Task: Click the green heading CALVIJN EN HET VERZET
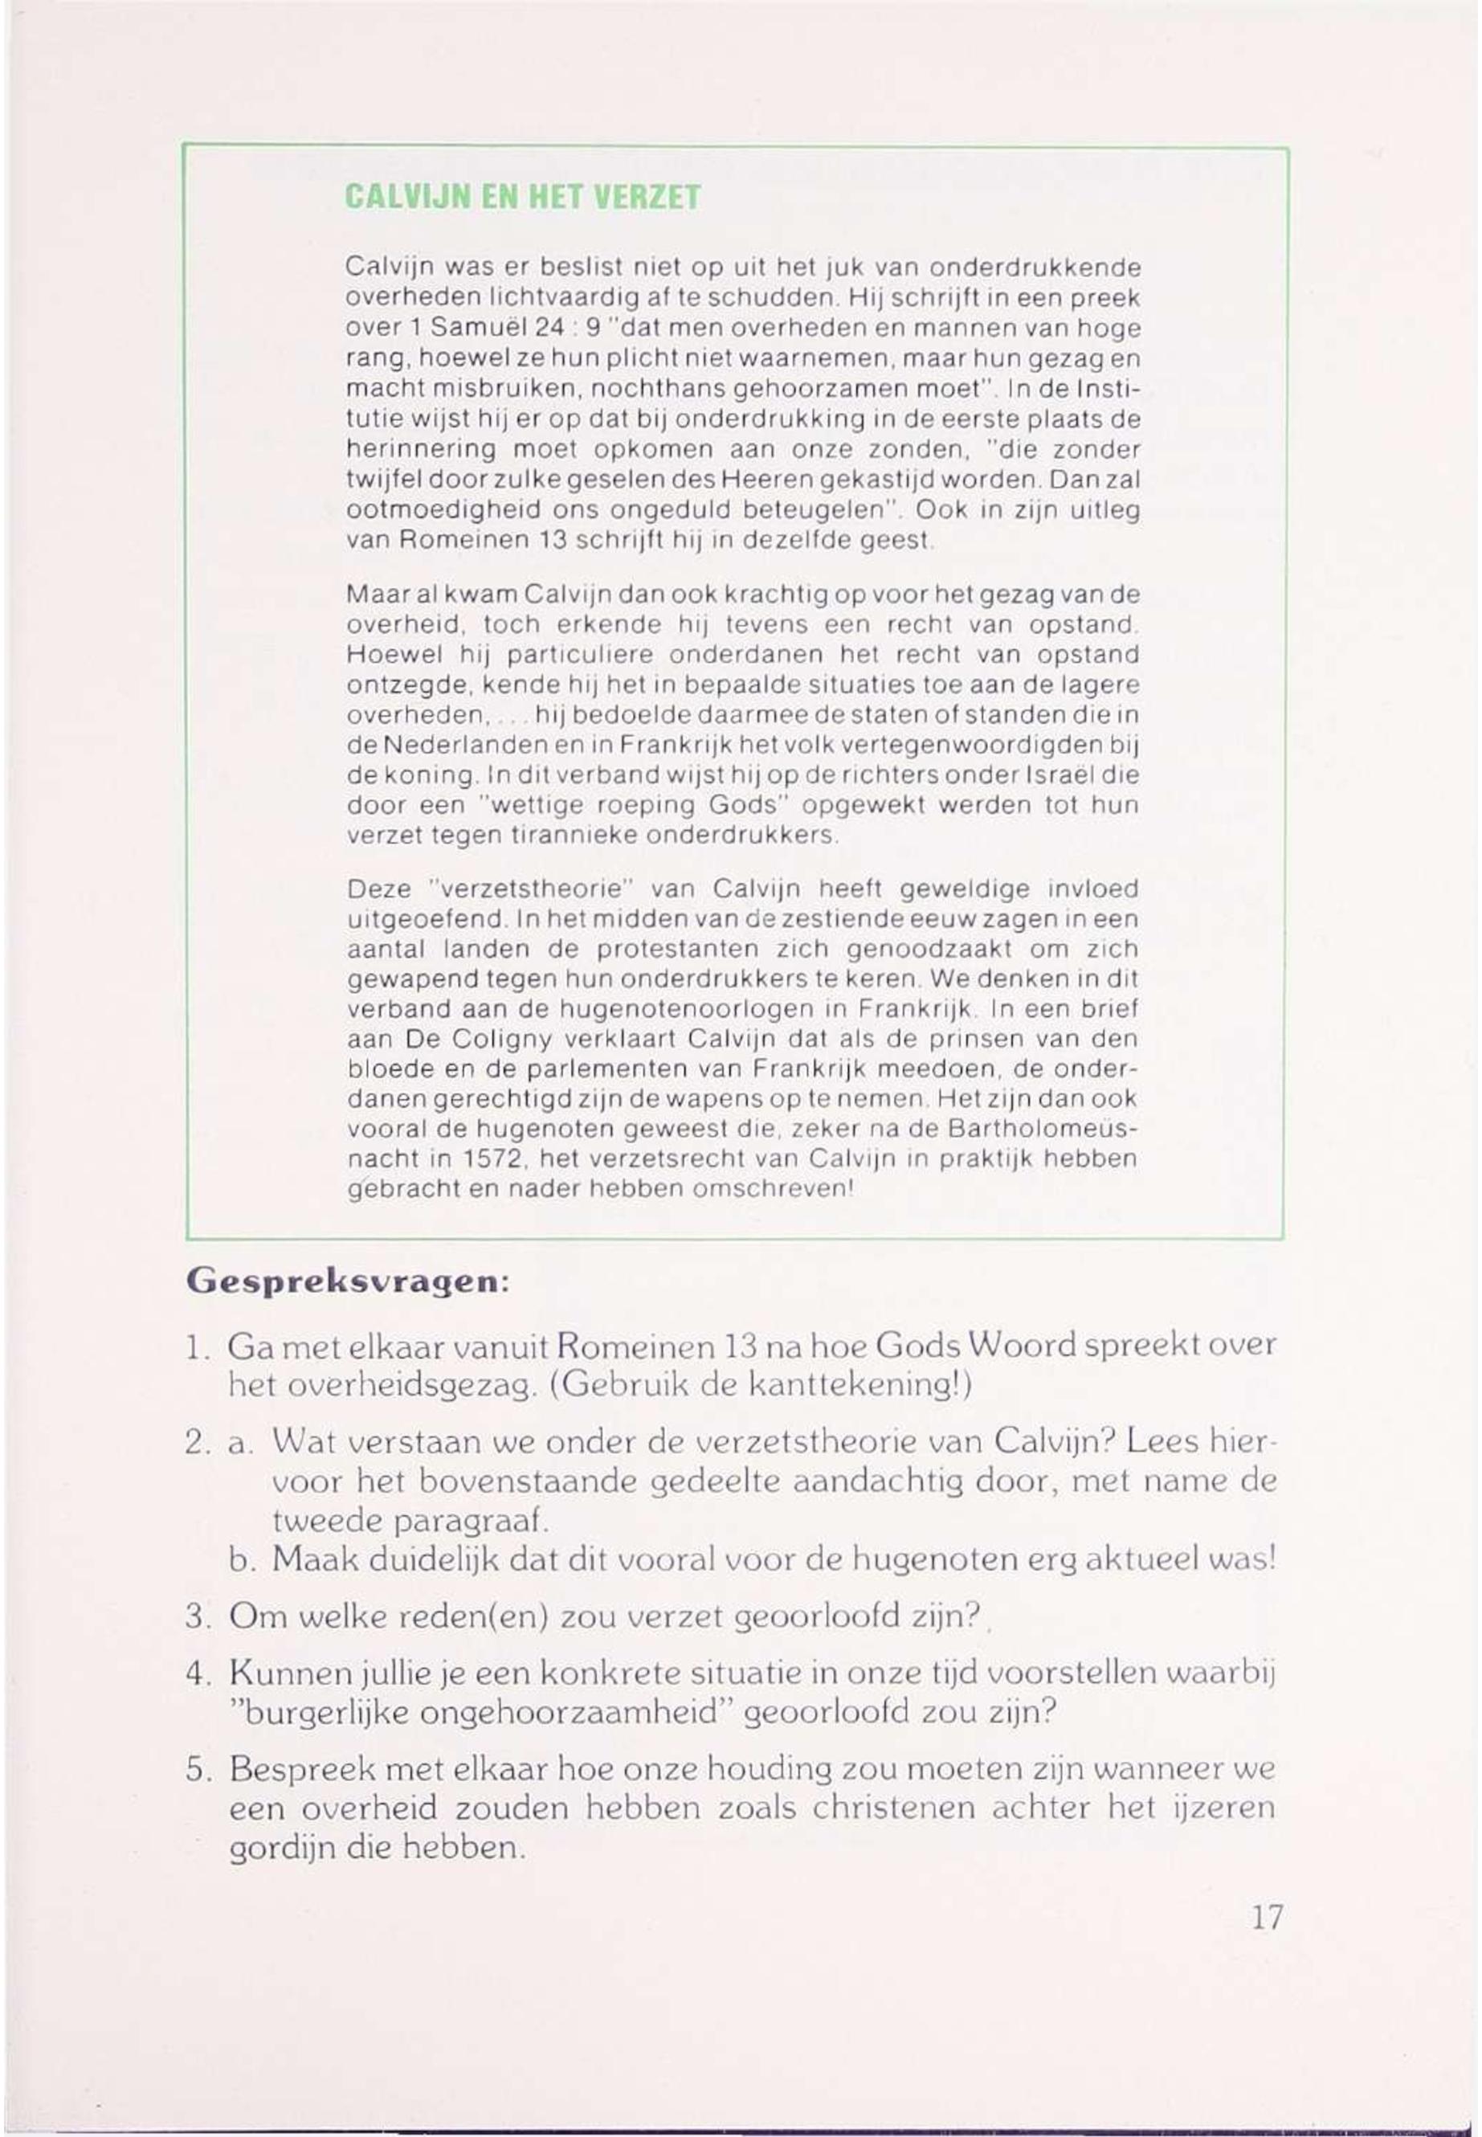coord(522,198)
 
